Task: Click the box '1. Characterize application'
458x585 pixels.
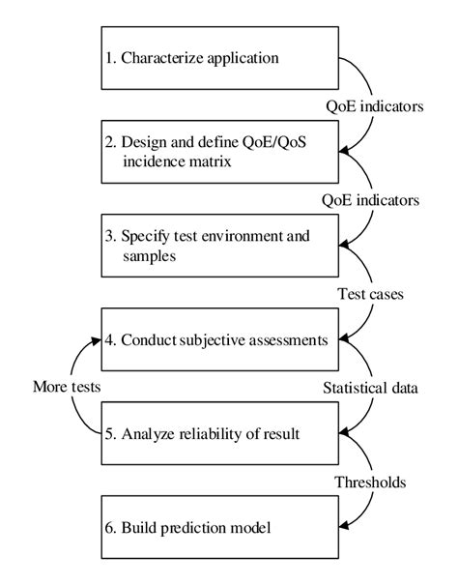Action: [220, 58]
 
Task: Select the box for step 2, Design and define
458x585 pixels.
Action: [220, 152]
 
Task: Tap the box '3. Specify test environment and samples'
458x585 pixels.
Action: [220, 246]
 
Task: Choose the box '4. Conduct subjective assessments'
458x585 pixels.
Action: [220, 339]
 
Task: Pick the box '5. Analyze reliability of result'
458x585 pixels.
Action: [220, 433]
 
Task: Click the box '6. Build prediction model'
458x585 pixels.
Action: [220, 527]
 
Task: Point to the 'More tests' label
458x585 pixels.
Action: [67, 387]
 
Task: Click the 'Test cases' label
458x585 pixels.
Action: [370, 294]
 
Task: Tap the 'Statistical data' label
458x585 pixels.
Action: [370, 388]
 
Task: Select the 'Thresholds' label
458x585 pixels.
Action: [370, 483]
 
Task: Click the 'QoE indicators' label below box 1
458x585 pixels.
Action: [375, 106]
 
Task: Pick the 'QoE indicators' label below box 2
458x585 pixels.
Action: [370, 200]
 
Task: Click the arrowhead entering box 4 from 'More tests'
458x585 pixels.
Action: [96, 340]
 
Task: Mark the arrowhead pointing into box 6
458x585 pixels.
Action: [344, 526]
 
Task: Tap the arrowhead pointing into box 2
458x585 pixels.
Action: [344, 151]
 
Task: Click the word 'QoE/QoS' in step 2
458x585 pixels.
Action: [274, 142]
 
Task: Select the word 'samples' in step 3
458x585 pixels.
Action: [149, 256]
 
